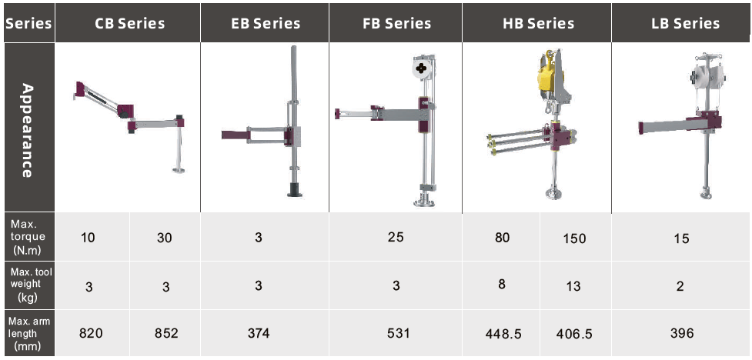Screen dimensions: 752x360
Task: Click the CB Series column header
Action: click(x=129, y=23)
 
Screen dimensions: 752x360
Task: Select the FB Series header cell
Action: click(x=396, y=23)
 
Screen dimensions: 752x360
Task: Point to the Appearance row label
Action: click(x=28, y=131)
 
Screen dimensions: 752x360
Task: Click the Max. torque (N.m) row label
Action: click(x=28, y=236)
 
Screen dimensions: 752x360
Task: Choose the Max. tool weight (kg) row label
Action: click(x=28, y=285)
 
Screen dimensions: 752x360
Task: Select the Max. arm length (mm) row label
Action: click(x=28, y=332)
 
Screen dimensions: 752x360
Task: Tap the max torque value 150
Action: click(x=572, y=238)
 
